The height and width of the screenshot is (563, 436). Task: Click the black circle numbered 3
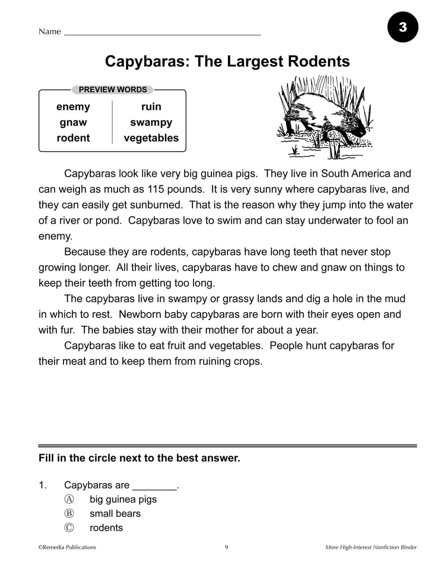click(403, 27)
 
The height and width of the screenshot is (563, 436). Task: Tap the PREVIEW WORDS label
click(113, 90)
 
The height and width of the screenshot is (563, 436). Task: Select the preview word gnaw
click(73, 122)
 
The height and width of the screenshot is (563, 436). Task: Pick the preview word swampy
click(151, 122)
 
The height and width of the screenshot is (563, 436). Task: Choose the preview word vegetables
click(151, 138)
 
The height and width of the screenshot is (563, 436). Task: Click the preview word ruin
click(151, 107)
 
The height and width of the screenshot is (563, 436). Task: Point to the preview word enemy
click(73, 107)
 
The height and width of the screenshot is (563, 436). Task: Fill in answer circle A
click(69, 499)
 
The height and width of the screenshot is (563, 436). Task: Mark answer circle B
click(69, 513)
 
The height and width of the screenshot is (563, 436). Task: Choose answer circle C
click(69, 527)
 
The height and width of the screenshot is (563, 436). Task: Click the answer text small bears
click(115, 513)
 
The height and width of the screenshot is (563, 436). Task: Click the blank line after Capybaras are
click(155, 487)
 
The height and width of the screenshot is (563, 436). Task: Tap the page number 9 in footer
click(226, 547)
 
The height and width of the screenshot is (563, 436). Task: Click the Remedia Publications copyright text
click(67, 547)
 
